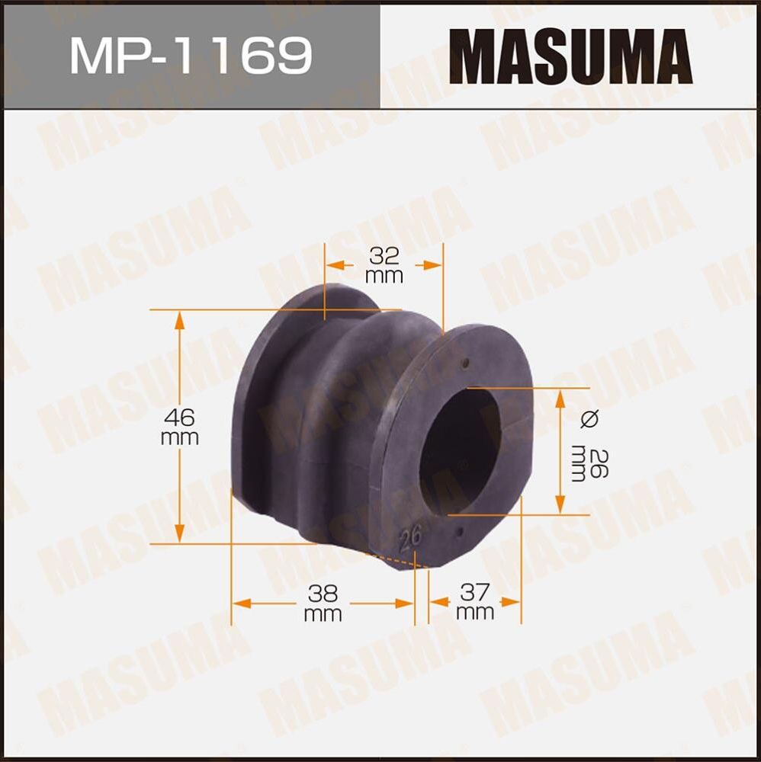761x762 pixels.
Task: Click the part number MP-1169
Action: pyautogui.click(x=191, y=55)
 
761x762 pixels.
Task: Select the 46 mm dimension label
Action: pyautogui.click(x=180, y=427)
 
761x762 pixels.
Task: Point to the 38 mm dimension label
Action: pyautogui.click(x=323, y=603)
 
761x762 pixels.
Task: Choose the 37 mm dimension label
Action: pyautogui.click(x=475, y=601)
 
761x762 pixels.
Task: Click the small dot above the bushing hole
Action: pyautogui.click(x=468, y=363)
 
